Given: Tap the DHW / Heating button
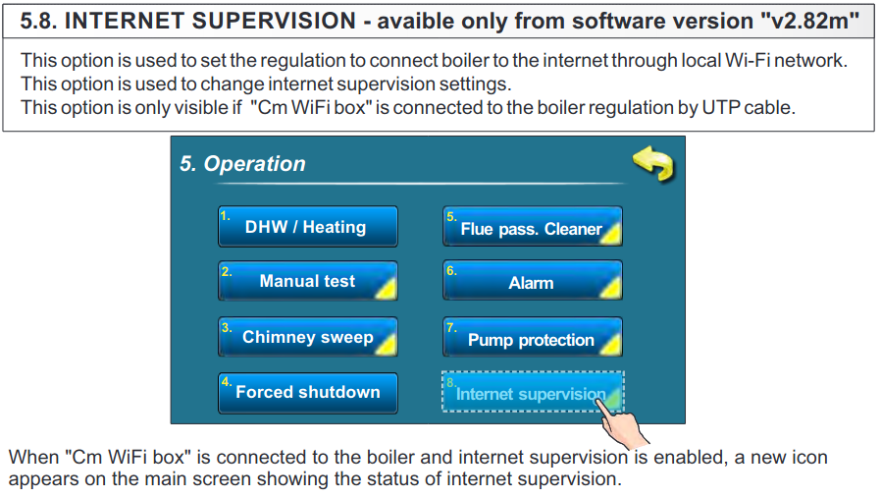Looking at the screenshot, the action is point(308,226).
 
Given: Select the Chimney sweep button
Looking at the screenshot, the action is point(308,337).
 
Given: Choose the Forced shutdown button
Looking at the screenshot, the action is point(308,392).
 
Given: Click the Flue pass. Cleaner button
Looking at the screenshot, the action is point(533,226).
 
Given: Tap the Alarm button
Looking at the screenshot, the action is point(533,280).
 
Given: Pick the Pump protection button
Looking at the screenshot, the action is point(533,337).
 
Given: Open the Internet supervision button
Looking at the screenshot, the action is point(533,392).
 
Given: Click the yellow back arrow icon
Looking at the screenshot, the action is point(654,164).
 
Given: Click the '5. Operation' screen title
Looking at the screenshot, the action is point(242,164).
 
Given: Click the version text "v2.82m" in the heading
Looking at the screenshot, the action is point(809,21).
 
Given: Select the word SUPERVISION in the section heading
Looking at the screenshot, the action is point(274,21).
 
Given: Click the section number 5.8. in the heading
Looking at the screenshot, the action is point(39,21).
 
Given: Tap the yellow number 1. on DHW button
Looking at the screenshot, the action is point(226,216).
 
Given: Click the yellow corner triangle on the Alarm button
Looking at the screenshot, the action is point(611,288).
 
